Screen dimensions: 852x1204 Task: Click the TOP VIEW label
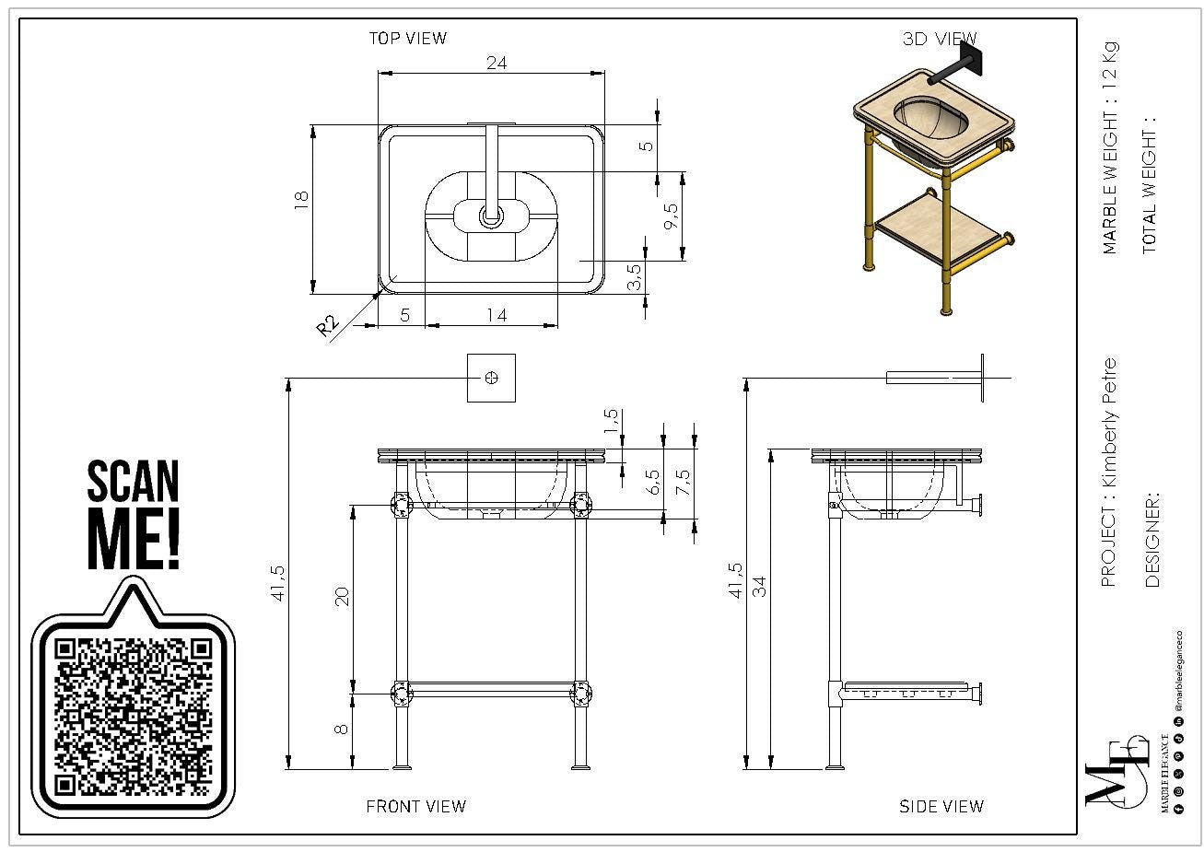pyautogui.click(x=407, y=39)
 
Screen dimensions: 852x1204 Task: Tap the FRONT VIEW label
pyautogui.click(x=415, y=807)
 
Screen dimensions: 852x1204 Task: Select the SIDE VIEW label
pyautogui.click(x=941, y=807)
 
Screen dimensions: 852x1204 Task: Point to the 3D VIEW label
pyautogui.click(x=939, y=40)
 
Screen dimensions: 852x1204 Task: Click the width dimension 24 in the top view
pyautogui.click(x=497, y=64)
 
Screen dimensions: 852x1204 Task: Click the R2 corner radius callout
pyautogui.click(x=328, y=325)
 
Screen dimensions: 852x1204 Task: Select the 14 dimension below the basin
pyautogui.click(x=497, y=316)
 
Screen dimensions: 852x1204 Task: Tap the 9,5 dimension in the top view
pyautogui.click(x=671, y=217)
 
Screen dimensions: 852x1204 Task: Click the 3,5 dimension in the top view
pyautogui.click(x=634, y=277)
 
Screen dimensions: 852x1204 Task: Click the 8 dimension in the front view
pyautogui.click(x=342, y=729)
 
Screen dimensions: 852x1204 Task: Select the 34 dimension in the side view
pyautogui.click(x=759, y=586)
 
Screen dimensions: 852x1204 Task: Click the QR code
pyautogui.click(x=134, y=716)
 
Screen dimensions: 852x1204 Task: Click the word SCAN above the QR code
pyautogui.click(x=133, y=482)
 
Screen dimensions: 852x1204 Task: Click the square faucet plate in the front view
pyautogui.click(x=491, y=378)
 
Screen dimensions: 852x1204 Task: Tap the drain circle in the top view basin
pyautogui.click(x=491, y=217)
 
